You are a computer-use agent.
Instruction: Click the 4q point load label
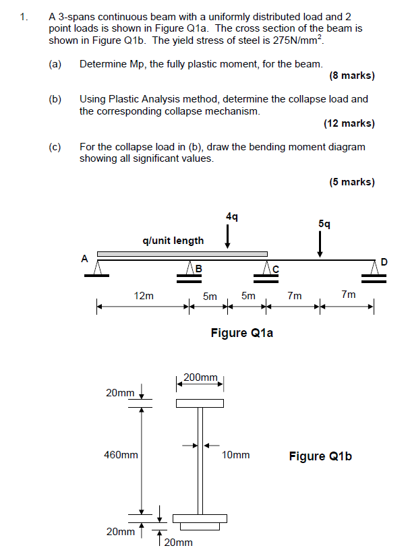pos(231,216)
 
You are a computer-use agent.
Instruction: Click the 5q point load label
pos(324,223)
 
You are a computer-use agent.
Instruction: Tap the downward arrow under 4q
pos(228,237)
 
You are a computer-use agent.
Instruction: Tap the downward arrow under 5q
pos(320,244)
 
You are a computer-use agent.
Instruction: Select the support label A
pos(84,257)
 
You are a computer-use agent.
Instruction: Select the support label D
pos(384,261)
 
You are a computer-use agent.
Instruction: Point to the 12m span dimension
pos(144,295)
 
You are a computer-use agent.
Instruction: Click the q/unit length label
pos(173,240)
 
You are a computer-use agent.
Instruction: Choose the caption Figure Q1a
pos(241,332)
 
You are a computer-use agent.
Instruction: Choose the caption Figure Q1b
pos(320,456)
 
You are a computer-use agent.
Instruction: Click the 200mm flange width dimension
pos(200,377)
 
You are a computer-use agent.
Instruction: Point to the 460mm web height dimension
pos(121,455)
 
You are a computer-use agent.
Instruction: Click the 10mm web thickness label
pos(235,455)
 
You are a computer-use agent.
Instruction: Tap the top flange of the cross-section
pos(200,403)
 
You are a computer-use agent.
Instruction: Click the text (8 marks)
pos(352,75)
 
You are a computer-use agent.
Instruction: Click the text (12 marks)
pos(349,123)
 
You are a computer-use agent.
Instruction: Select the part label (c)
pos(55,146)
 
